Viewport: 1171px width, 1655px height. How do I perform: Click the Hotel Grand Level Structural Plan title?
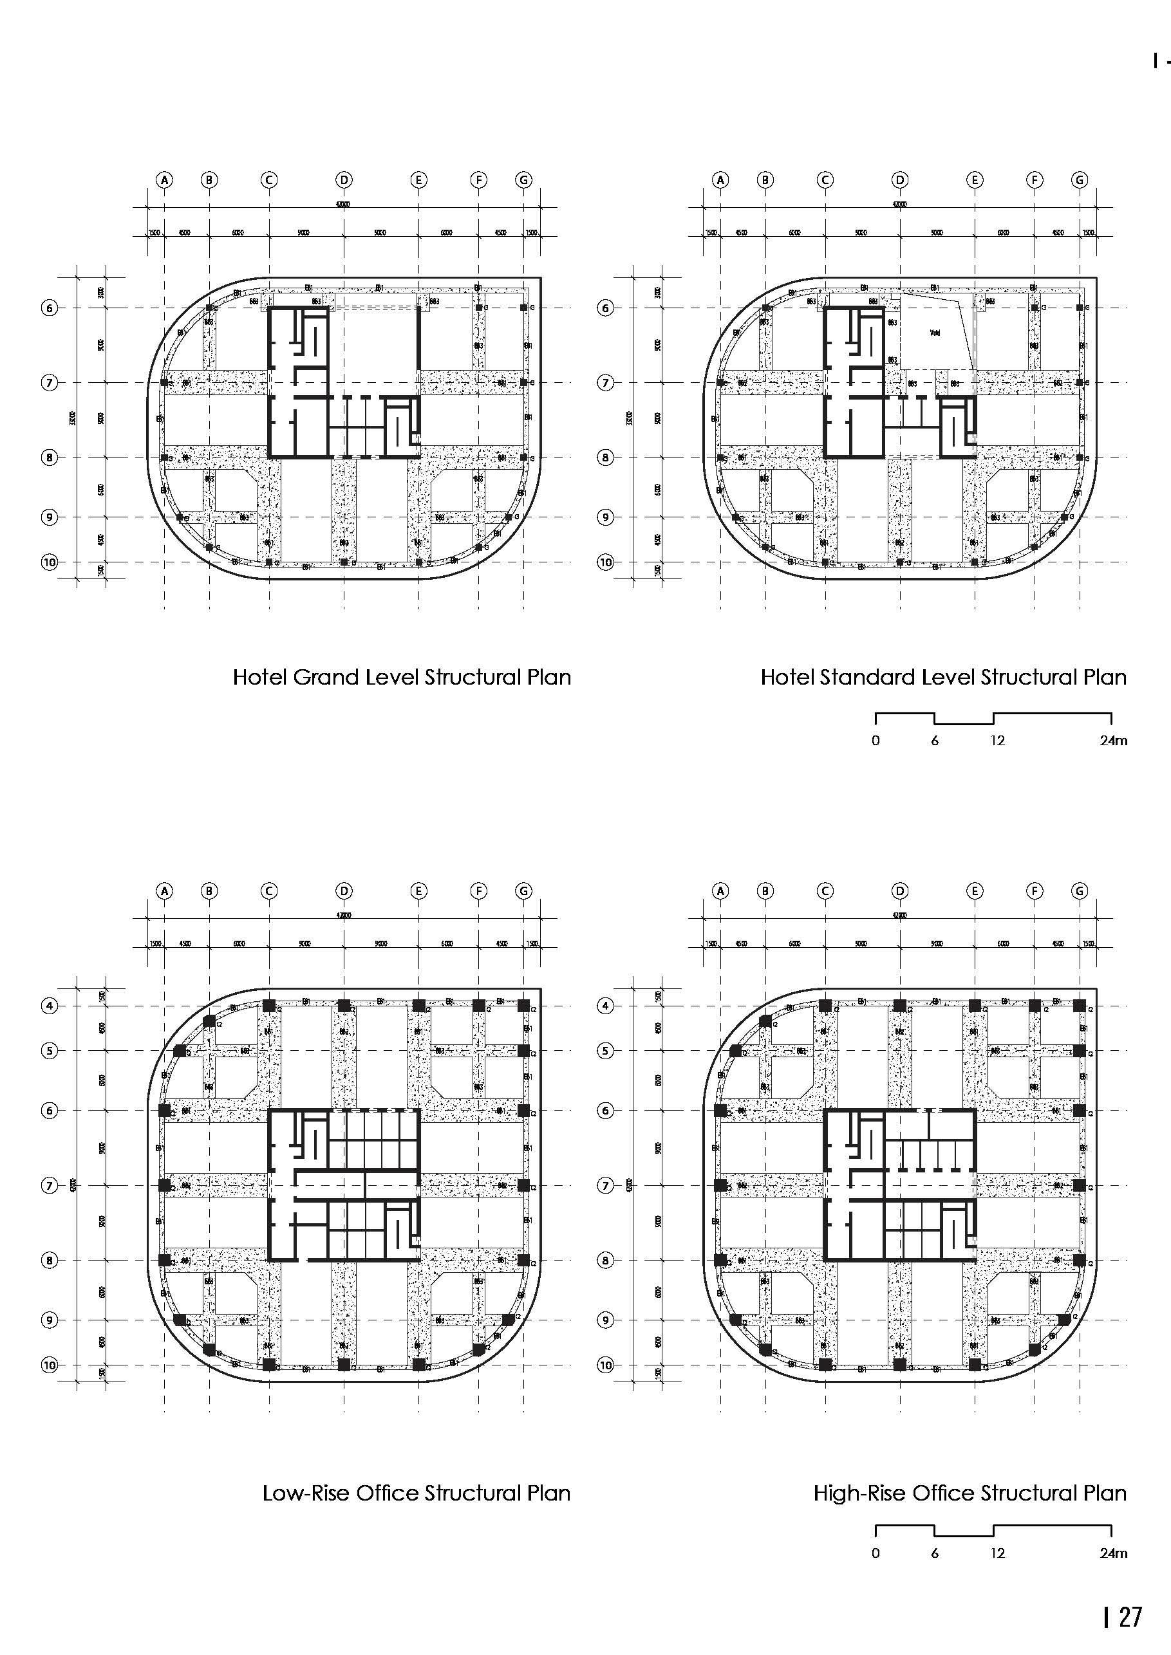(402, 678)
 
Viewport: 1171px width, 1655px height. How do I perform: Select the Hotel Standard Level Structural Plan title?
(943, 678)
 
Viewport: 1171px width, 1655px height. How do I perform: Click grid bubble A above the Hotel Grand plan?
(164, 180)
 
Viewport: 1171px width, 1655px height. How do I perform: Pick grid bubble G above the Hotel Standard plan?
(1080, 180)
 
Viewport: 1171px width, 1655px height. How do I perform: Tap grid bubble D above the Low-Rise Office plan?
(344, 891)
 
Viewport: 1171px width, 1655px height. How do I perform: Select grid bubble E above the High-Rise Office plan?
(974, 891)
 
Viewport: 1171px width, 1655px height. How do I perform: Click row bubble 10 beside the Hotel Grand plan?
(49, 562)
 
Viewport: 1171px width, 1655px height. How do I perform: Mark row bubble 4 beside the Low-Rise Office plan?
(49, 1006)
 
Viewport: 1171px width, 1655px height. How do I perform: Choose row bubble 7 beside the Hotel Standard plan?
(606, 383)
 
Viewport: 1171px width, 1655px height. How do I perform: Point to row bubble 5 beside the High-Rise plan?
(606, 1050)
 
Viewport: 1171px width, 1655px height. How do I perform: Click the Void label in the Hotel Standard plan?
(935, 333)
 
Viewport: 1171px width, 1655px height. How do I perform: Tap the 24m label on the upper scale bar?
(1112, 740)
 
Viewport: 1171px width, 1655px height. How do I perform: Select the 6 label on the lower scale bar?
(935, 1553)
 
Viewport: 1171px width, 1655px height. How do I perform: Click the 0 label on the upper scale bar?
(876, 740)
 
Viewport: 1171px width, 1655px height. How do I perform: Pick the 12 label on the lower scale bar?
(997, 1553)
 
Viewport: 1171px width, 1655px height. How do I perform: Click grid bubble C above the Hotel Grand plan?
(269, 180)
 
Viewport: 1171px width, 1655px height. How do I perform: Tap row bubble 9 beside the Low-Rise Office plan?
(49, 1320)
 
